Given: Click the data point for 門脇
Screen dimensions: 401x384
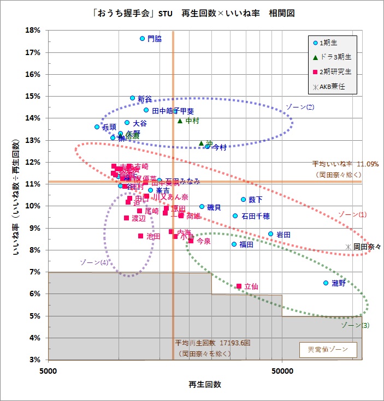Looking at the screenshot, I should (x=142, y=39).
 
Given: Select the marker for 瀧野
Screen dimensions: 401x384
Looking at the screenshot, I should (x=326, y=283).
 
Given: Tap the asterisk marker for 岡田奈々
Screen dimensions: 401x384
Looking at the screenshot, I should (x=348, y=247).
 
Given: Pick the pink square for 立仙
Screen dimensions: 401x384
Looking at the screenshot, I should (x=239, y=286).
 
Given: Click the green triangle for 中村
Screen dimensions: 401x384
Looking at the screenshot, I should (x=180, y=121).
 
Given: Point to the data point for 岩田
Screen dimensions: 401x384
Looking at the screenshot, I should (x=270, y=234).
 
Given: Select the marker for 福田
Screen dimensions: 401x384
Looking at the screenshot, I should (x=234, y=244).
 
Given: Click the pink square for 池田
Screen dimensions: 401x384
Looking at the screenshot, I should (x=140, y=236).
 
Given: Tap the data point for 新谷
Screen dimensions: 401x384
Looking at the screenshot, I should (x=132, y=98).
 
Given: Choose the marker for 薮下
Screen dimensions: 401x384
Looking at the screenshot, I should (x=243, y=200).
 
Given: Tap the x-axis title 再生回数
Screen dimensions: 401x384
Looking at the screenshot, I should (x=205, y=385).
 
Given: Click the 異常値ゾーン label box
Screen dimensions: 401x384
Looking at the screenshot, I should (x=328, y=349).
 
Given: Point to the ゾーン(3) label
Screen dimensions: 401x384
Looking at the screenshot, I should (x=355, y=326).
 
